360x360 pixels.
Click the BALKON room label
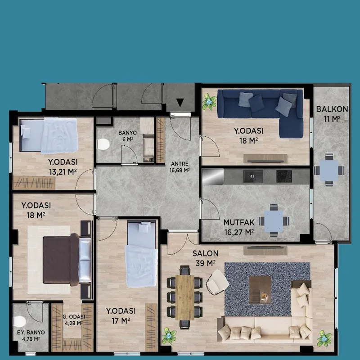coord(332,109)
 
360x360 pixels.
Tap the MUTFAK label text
coord(239,222)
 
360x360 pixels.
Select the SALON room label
coord(206,253)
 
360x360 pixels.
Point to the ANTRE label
coord(180,164)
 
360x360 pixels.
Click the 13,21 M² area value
coord(63,172)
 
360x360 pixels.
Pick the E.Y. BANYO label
coord(31,333)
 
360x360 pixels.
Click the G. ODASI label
coord(74,317)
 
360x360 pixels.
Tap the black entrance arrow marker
coord(180,103)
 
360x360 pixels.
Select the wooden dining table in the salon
coord(185,297)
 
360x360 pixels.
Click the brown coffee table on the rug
coord(260,289)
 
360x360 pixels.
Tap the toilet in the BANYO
coord(103,144)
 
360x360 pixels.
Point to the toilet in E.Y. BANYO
coord(20,321)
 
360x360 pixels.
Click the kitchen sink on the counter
coord(253,176)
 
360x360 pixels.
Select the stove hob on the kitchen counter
coord(284,176)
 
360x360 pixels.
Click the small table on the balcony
coord(329,170)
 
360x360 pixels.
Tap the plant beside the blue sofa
coord(209,102)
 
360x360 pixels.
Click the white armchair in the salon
coord(217,282)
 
